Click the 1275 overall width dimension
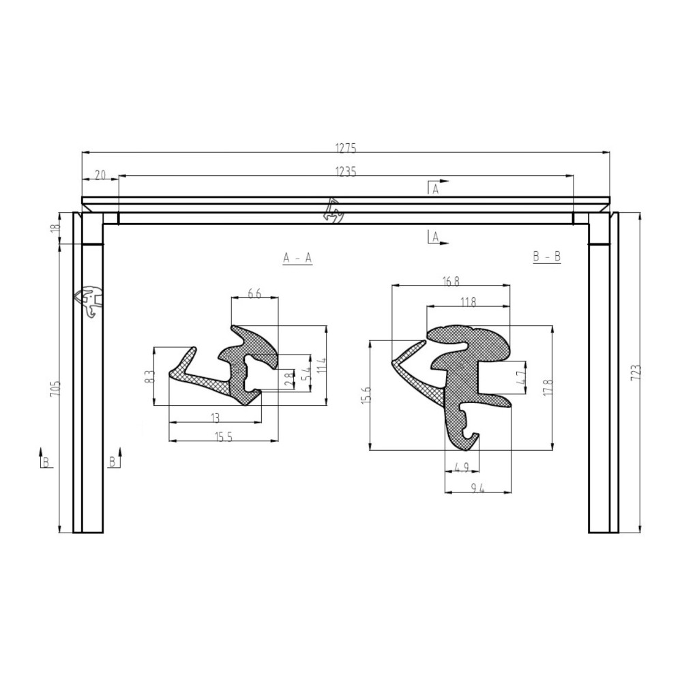tap(346, 147)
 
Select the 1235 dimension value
tap(346, 172)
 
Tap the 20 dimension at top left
tap(100, 175)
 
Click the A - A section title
tap(297, 258)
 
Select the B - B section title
tap(546, 257)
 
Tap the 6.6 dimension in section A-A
tap(254, 293)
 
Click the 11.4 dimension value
tap(322, 366)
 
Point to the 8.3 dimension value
tap(150, 376)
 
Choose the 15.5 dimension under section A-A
tap(224, 437)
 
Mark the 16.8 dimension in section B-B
tap(451, 281)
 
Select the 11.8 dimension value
tap(468, 302)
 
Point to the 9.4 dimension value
tap(477, 487)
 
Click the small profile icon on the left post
tap(89, 301)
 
